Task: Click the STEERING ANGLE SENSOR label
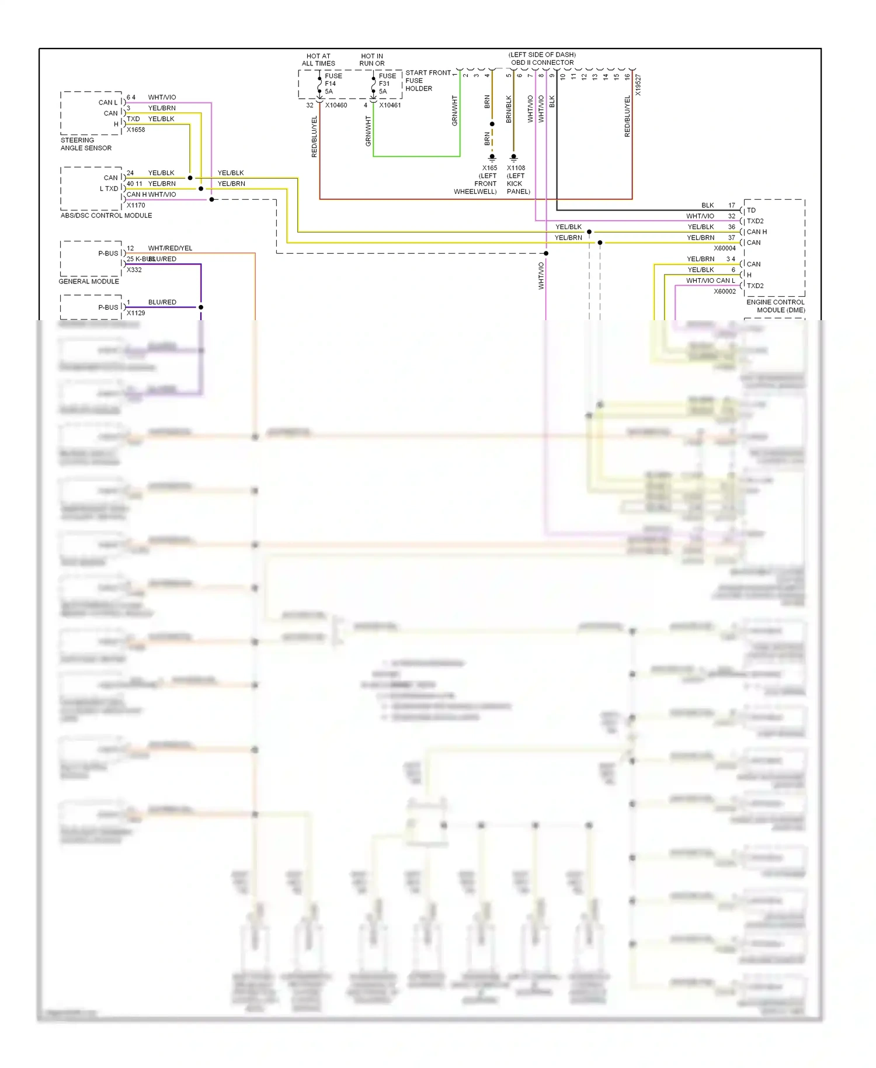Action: [86, 144]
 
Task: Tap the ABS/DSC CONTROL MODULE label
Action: [106, 216]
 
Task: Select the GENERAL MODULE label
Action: [89, 282]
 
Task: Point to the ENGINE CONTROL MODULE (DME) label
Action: [775, 306]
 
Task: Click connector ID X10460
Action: [336, 106]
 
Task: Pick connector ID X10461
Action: [390, 106]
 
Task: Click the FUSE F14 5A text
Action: [333, 84]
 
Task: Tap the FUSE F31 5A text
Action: [387, 84]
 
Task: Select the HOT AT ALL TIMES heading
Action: [318, 60]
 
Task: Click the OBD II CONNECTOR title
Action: [542, 63]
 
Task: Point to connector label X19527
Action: [638, 85]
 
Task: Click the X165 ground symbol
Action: [492, 157]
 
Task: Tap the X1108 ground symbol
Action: [513, 157]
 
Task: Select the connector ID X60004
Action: [724, 248]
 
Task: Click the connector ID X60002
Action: [724, 292]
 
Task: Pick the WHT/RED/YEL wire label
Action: [170, 248]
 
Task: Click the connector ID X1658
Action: [135, 130]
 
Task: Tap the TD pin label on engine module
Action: [751, 210]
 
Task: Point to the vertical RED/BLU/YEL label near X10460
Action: [314, 137]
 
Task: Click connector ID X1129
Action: [135, 313]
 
